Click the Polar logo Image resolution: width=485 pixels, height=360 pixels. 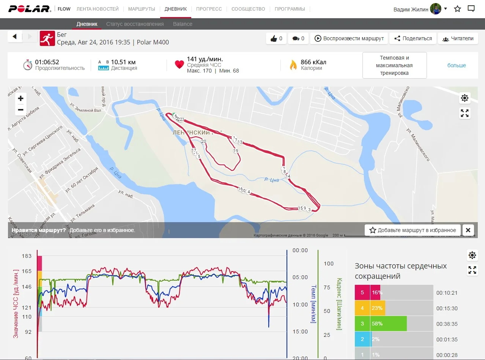point(30,9)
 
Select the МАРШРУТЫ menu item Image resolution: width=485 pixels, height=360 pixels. point(142,9)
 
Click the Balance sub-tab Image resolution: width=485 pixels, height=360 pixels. point(183,24)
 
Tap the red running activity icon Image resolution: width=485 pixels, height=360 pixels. point(47,38)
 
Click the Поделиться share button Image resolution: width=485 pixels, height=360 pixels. point(413,38)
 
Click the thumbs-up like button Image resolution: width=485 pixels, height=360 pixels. point(276,38)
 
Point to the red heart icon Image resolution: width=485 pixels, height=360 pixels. point(180,65)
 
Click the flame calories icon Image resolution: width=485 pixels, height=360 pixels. point(293,65)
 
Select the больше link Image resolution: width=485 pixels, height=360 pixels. point(457,65)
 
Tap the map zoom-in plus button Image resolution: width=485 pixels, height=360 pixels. point(20,98)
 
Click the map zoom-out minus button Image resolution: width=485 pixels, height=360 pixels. point(20,110)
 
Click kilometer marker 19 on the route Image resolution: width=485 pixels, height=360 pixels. point(236,151)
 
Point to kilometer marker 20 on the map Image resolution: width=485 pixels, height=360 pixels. point(204,141)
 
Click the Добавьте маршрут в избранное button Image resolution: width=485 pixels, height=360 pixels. point(413,230)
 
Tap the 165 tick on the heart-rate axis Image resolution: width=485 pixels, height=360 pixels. point(27,271)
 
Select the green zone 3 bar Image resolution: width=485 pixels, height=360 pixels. point(381,324)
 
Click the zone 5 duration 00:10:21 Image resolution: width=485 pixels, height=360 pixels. point(447,293)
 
